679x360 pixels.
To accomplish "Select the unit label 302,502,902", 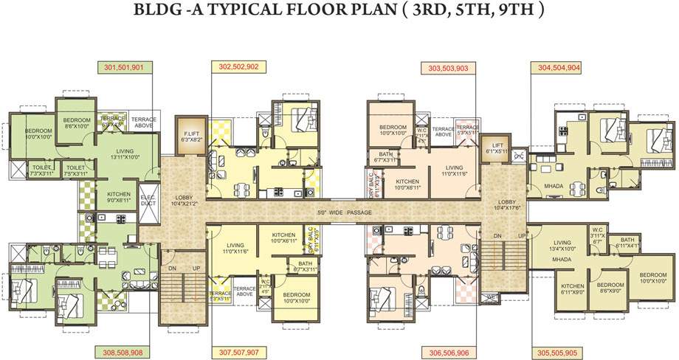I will click(x=238, y=67).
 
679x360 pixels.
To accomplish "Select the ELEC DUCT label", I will click(x=147, y=199).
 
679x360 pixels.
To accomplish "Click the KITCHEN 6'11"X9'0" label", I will click(x=573, y=288).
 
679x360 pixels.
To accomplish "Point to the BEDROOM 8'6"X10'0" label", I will click(x=77, y=123).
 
